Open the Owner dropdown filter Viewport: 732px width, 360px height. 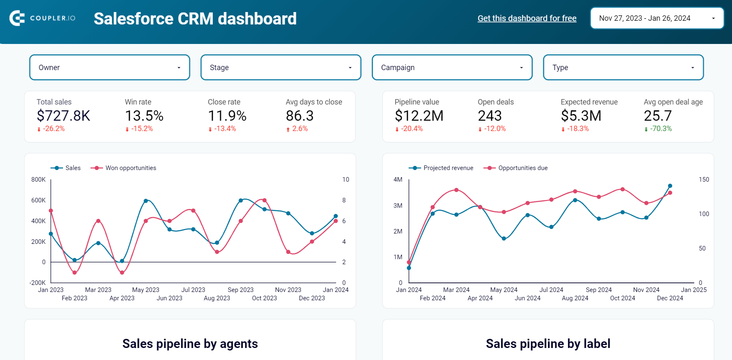pos(110,67)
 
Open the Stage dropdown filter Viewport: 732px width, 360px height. pos(281,67)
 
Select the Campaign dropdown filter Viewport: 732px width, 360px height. pos(452,67)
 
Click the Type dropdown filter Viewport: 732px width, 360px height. pos(623,67)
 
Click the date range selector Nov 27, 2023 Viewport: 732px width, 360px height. pos(657,18)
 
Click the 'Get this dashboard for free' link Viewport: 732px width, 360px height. pos(527,18)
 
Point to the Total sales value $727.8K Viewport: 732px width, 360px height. pos(63,116)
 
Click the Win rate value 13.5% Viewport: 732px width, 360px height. pos(144,116)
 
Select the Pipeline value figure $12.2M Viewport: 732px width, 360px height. pos(419,116)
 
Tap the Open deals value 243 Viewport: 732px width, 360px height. pos(490,116)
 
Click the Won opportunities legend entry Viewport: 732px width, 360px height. pos(124,168)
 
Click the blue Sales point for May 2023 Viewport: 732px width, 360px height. pos(146,201)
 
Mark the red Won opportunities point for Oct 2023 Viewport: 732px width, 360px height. pos(264,200)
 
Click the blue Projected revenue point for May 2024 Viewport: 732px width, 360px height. pos(504,238)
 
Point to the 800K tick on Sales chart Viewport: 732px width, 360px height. pos(38,180)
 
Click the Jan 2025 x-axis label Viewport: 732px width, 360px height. pos(693,290)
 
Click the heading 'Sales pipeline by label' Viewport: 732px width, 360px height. pos(548,343)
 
